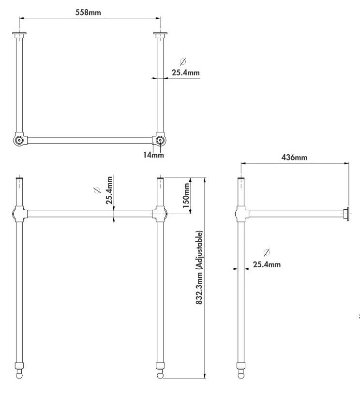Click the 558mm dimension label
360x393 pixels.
point(88,12)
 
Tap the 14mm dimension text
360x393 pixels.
point(153,155)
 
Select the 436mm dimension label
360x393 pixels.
point(294,158)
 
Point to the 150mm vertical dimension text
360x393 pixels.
point(186,195)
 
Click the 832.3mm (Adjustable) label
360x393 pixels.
point(199,267)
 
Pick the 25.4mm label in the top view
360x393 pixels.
point(186,73)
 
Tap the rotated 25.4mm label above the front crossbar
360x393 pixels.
point(109,190)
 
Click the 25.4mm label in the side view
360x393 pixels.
point(267,264)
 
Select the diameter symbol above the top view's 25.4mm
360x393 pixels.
point(183,61)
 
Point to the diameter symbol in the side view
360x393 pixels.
point(267,252)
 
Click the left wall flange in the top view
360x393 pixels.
point(19,35)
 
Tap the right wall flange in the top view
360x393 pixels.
point(160,35)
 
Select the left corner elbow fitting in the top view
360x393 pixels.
point(19,139)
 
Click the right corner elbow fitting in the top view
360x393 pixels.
point(159,139)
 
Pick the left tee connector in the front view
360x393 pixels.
point(19,214)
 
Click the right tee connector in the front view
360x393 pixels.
point(159,214)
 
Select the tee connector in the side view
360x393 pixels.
point(241,214)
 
